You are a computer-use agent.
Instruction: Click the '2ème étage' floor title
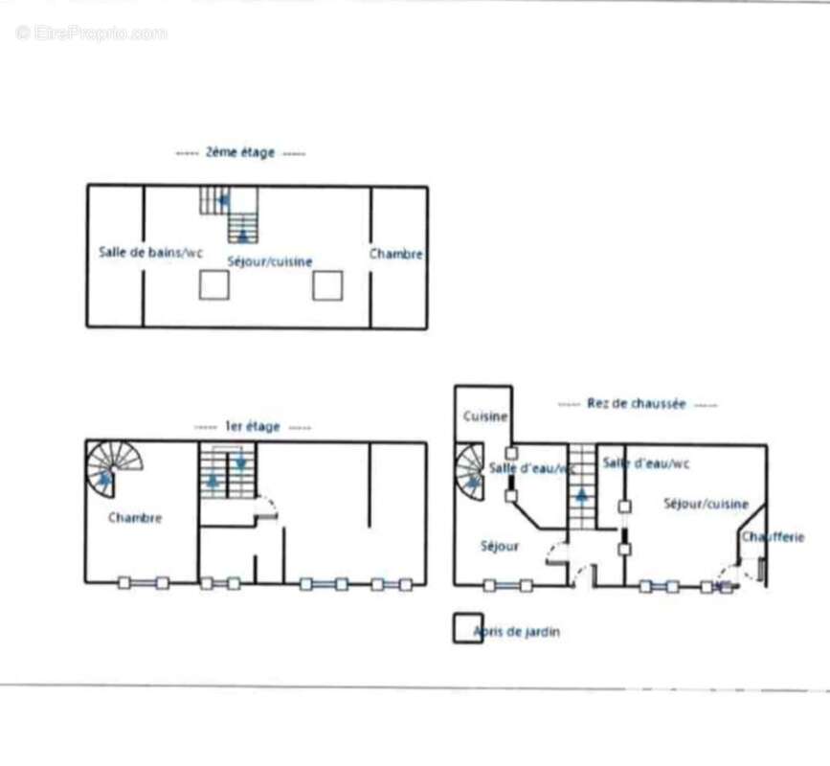240,152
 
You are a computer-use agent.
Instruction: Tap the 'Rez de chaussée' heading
637,404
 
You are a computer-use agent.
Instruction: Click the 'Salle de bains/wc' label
151,253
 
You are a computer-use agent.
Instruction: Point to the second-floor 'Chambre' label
396,254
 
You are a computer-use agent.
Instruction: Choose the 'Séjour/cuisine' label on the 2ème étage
270,260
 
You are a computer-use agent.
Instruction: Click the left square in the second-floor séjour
213,284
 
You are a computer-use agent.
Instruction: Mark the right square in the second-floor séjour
327,284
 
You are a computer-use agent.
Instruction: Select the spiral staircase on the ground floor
469,472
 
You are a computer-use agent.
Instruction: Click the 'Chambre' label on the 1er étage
135,518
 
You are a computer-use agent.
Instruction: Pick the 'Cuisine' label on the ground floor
484,417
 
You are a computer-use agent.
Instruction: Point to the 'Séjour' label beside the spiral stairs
499,546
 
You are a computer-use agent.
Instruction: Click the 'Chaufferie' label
773,537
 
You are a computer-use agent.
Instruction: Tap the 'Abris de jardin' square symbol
467,628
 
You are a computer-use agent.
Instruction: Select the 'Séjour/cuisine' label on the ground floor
707,504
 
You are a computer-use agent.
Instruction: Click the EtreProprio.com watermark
91,34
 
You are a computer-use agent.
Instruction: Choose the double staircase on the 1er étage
228,470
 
